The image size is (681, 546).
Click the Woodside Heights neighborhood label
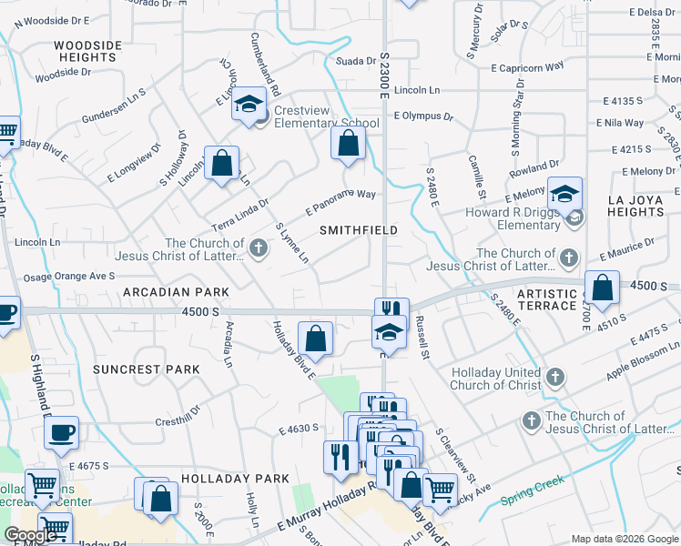point(87,51)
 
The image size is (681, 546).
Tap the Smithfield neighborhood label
point(359,231)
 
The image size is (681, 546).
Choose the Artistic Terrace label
point(547,300)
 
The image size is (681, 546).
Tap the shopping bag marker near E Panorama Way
point(348,143)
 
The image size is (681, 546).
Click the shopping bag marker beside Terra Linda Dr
point(221,164)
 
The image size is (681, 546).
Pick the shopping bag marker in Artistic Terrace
point(602,288)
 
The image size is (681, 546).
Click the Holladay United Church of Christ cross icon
point(556,378)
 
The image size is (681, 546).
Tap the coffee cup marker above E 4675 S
point(61,433)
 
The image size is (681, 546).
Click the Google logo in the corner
point(30,535)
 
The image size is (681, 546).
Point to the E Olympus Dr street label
point(423,116)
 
